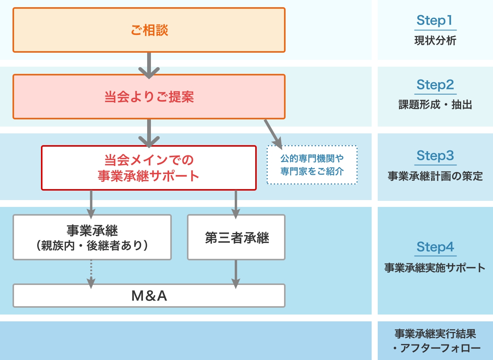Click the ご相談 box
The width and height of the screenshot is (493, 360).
pyautogui.click(x=149, y=30)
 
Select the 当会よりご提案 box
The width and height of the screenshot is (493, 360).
pyautogui.click(x=149, y=97)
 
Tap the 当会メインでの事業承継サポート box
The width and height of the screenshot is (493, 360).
pyautogui.click(x=149, y=168)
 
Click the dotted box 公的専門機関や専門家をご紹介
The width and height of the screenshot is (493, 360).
pyautogui.click(x=312, y=165)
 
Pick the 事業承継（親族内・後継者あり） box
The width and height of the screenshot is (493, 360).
pyautogui.click(x=92, y=237)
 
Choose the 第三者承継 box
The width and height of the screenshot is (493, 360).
pyautogui.click(x=236, y=237)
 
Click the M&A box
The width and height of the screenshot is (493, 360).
pyautogui.click(x=149, y=296)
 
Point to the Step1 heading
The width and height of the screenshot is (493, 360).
pyautogui.click(x=435, y=20)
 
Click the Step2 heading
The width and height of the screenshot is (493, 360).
pyautogui.click(x=435, y=85)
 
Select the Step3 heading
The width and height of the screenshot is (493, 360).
pyautogui.click(x=435, y=156)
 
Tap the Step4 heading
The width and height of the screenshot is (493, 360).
pyautogui.click(x=435, y=247)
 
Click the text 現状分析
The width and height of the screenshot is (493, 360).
pyautogui.click(x=435, y=41)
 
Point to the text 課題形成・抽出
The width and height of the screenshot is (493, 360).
pyautogui.click(x=435, y=105)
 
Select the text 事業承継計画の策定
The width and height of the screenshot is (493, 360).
pyautogui.click(x=435, y=176)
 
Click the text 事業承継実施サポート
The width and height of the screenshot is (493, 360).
pyautogui.click(x=435, y=268)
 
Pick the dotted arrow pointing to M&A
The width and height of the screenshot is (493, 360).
pyautogui.click(x=91, y=273)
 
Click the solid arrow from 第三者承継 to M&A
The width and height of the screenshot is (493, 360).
pyautogui.click(x=236, y=273)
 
